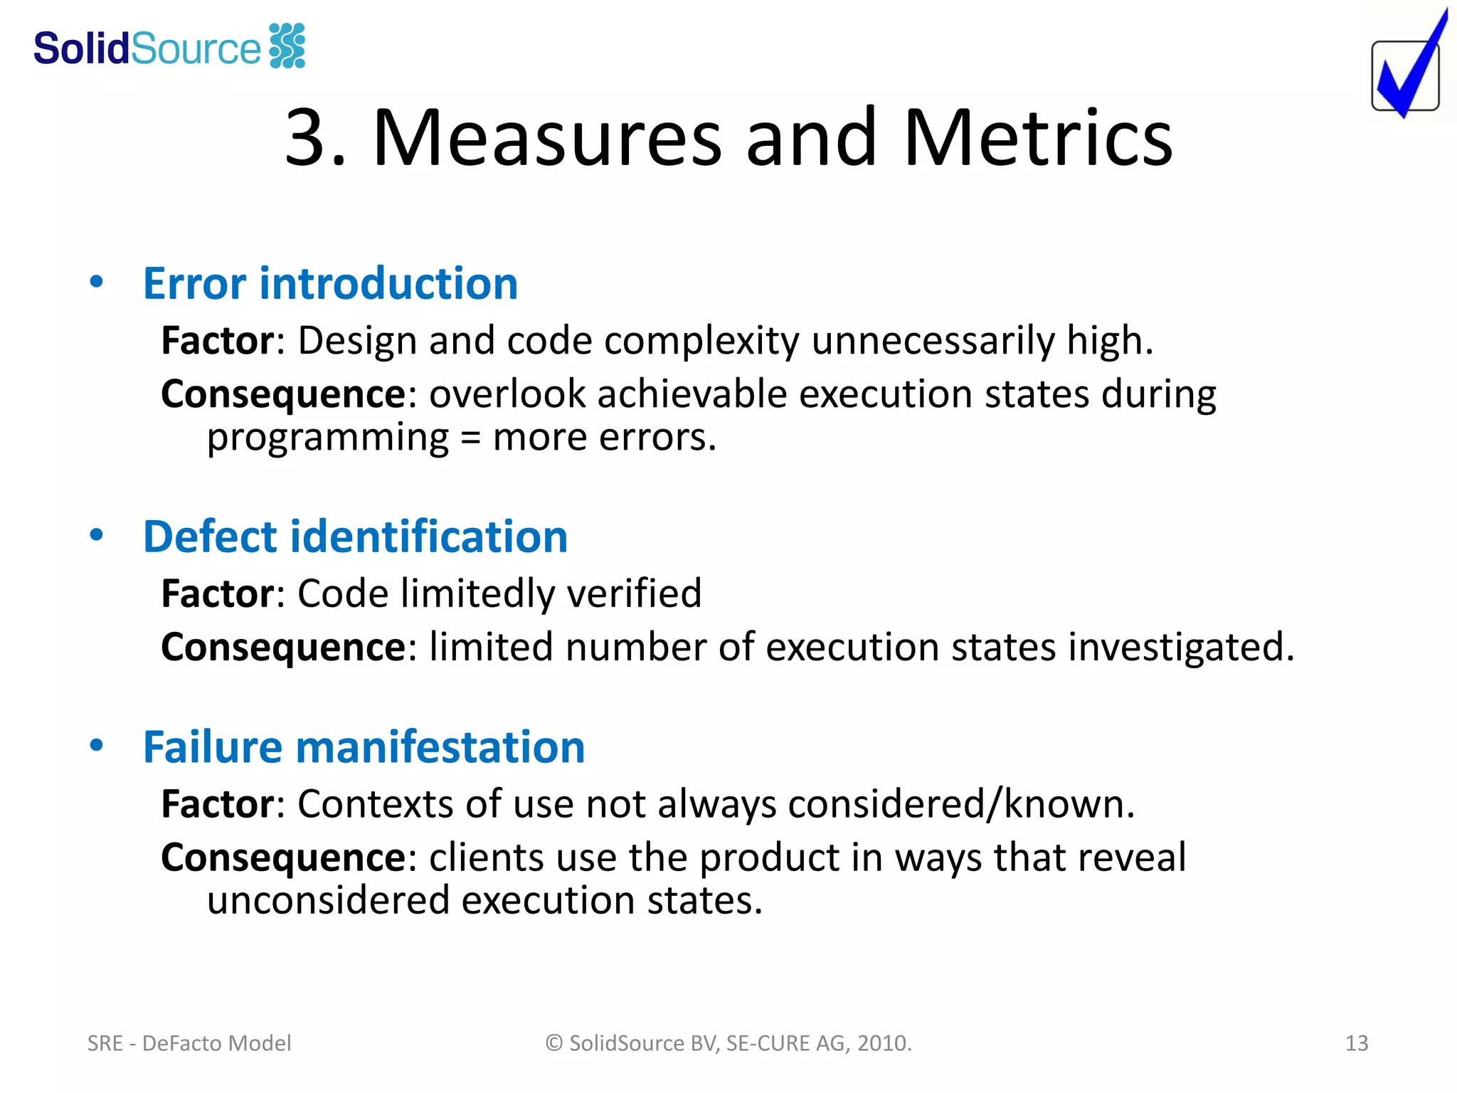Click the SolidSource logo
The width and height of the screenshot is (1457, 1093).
169,47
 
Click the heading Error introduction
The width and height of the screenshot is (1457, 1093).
330,283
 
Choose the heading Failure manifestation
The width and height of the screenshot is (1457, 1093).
364,747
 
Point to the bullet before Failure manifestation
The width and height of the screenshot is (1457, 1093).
97,745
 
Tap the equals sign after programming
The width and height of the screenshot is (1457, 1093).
470,438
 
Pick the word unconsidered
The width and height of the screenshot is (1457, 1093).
328,901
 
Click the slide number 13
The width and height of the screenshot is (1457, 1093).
1356,1043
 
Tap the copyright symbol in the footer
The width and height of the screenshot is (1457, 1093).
554,1043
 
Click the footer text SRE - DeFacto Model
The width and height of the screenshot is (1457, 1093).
189,1043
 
